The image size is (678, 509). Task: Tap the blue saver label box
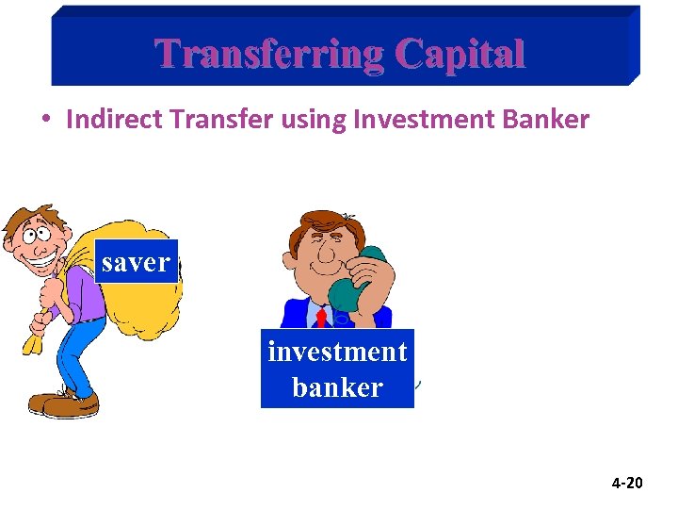pyautogui.click(x=136, y=262)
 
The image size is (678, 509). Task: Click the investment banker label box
pyautogui.click(x=337, y=369)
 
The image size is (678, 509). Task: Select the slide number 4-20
pyautogui.click(x=626, y=484)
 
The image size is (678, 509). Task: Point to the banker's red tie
pyautogui.click(x=321, y=318)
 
